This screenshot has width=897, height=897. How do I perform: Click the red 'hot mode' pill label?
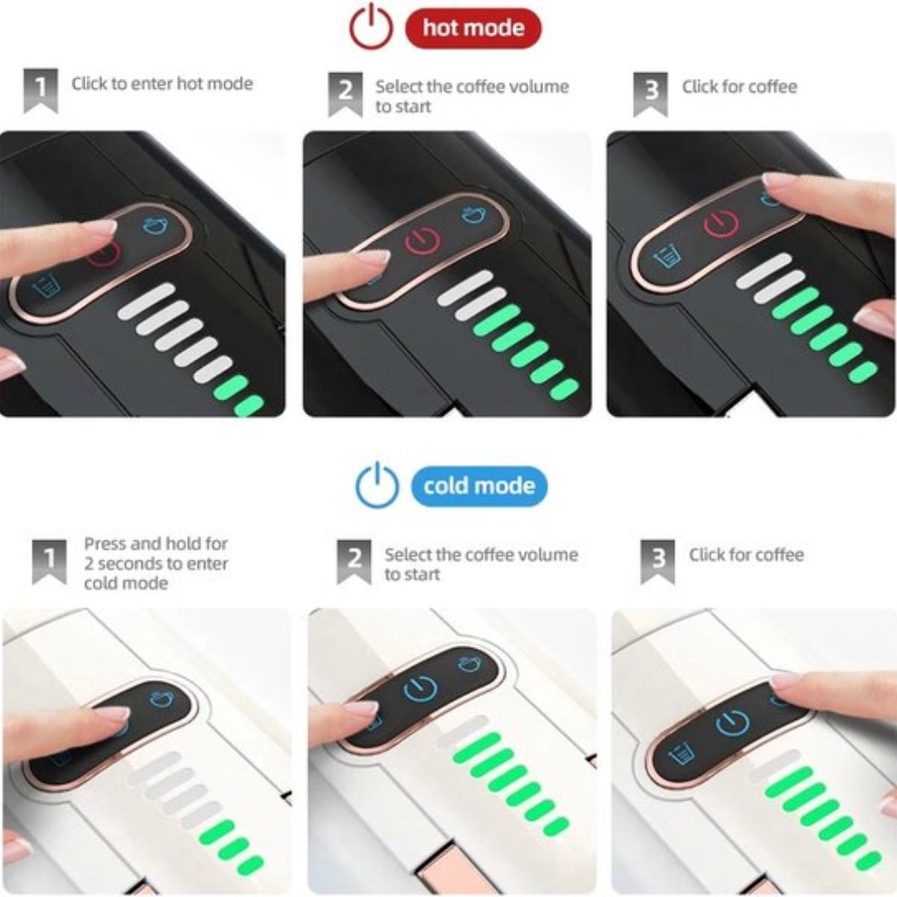point(473,28)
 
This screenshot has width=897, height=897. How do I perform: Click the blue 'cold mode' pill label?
point(479,486)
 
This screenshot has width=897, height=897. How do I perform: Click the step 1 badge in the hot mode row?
point(41,90)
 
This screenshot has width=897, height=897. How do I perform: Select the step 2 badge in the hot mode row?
point(345,94)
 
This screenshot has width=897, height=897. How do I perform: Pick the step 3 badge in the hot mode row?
point(650,94)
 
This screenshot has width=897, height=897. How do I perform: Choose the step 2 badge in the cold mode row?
point(354,562)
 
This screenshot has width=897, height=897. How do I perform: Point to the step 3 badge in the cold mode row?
point(657,562)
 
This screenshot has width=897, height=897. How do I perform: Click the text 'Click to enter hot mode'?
point(162,84)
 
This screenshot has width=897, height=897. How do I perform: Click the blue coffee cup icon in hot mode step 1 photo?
point(155,226)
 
